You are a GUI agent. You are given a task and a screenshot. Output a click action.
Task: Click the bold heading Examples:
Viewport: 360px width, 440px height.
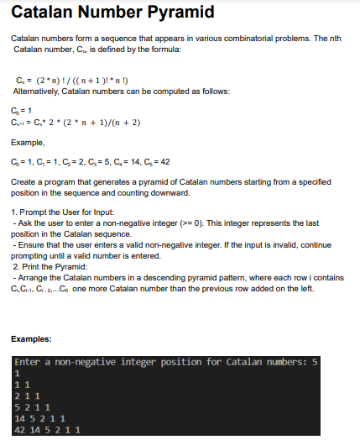click(32, 339)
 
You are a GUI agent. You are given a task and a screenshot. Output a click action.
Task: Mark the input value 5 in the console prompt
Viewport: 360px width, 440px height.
click(315, 362)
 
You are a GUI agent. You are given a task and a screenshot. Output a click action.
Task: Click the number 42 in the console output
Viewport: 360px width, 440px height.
click(21, 428)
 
